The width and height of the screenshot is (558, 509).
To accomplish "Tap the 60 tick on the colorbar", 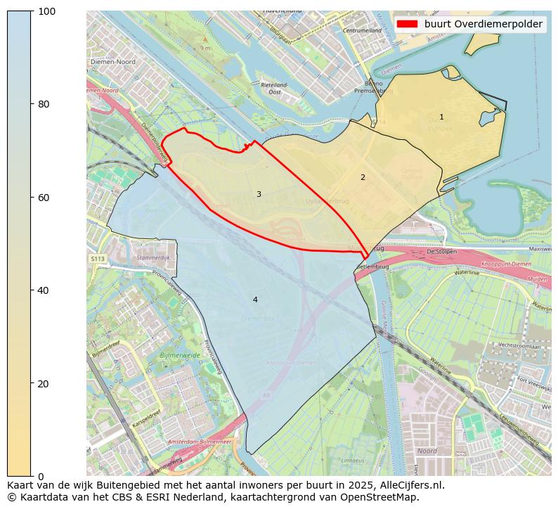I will (x=32, y=198).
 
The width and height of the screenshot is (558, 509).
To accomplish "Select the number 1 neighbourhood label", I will (x=441, y=117).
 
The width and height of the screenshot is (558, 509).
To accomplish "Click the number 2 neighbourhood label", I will (x=363, y=178).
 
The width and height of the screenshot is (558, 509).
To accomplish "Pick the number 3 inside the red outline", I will (x=259, y=195).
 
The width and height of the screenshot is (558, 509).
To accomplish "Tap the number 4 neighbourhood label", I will (x=255, y=300).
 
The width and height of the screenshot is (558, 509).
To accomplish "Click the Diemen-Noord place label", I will (x=112, y=62).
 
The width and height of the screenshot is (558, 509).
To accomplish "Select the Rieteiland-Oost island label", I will (x=271, y=88).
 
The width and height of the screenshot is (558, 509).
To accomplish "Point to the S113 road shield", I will (x=97, y=259).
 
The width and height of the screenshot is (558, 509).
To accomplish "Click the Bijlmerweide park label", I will (x=180, y=356).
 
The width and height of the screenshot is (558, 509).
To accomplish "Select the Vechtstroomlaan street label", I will (x=519, y=347).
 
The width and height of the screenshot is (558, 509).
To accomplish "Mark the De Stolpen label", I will (x=441, y=252).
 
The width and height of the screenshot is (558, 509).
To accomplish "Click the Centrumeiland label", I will (x=361, y=31).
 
